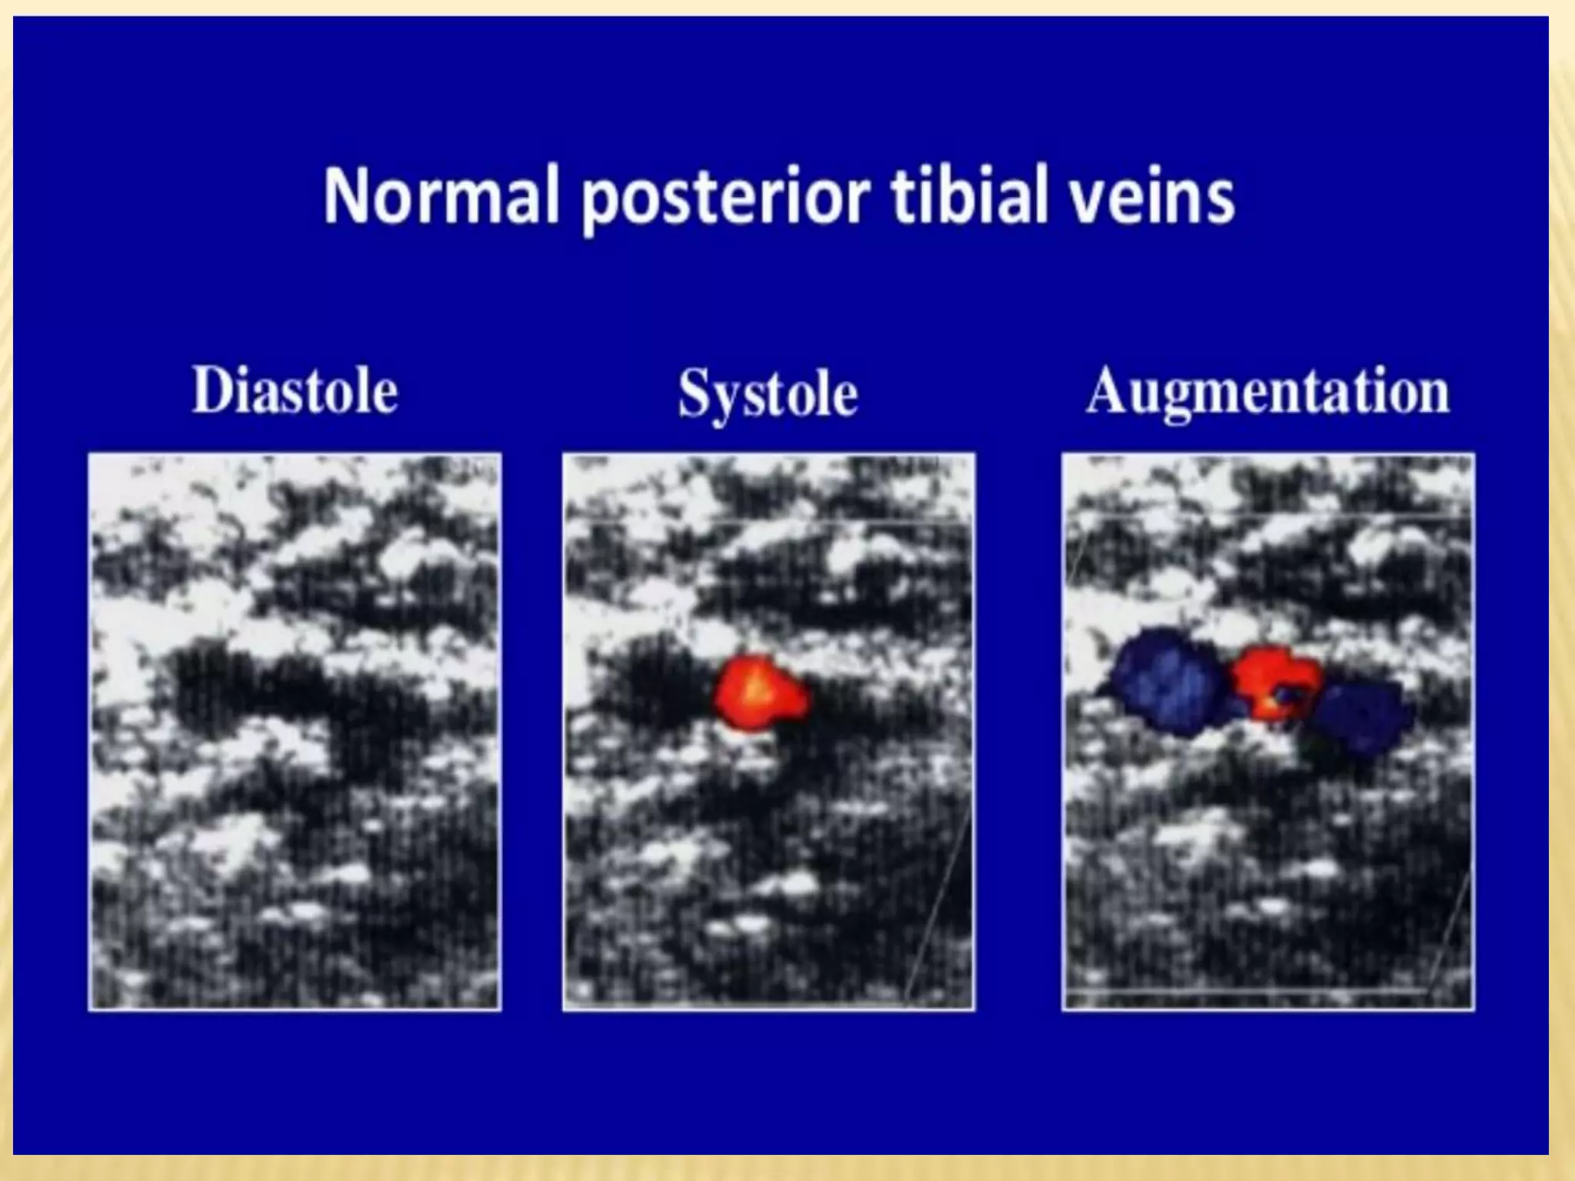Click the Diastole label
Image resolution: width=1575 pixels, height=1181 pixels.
pyautogui.click(x=295, y=391)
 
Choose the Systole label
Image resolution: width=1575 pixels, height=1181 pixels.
pyautogui.click(x=768, y=394)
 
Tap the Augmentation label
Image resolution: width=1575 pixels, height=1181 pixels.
pyautogui.click(x=1267, y=392)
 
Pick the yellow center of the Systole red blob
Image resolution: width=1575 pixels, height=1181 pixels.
pyautogui.click(x=756, y=687)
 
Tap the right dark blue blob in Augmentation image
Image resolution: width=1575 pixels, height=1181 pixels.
pyautogui.click(x=1361, y=715)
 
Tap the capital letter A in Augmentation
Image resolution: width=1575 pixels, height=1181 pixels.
pyautogui.click(x=1105, y=391)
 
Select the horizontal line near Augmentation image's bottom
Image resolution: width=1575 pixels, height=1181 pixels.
pyautogui.click(x=1246, y=992)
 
